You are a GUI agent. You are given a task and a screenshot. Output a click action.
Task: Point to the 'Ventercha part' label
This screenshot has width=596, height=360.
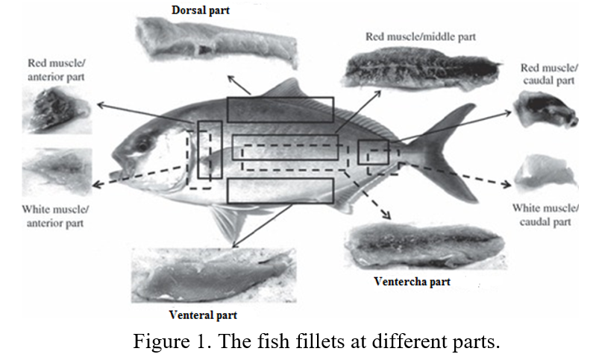412,282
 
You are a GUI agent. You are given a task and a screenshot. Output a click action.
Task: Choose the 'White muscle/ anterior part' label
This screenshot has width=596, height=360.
58,215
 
